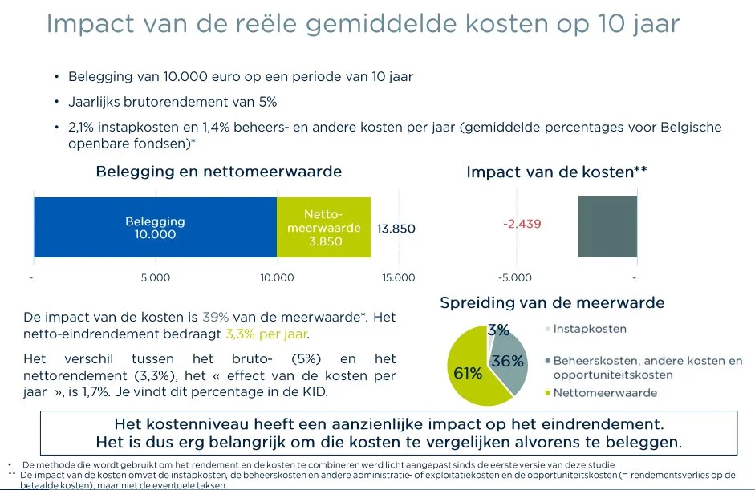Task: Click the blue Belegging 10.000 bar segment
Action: pyautogui.click(x=155, y=227)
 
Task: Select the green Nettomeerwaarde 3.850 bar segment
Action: pyautogui.click(x=323, y=227)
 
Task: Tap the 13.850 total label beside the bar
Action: pyautogui.click(x=396, y=229)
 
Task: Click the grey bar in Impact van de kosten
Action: pyautogui.click(x=607, y=227)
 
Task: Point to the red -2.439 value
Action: pyautogui.click(x=522, y=224)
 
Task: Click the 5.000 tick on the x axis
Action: pyautogui.click(x=156, y=277)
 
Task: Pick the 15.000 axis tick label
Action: pyautogui.click(x=399, y=277)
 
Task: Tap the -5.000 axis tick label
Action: pyautogui.click(x=515, y=277)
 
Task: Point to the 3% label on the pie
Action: pyautogui.click(x=498, y=330)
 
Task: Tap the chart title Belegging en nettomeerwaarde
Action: pyautogui.click(x=218, y=172)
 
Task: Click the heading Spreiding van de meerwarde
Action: pyautogui.click(x=552, y=303)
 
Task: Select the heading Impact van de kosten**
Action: pyautogui.click(x=557, y=172)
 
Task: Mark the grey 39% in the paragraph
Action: pyautogui.click(x=216, y=318)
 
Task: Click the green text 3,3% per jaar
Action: pyautogui.click(x=266, y=334)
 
